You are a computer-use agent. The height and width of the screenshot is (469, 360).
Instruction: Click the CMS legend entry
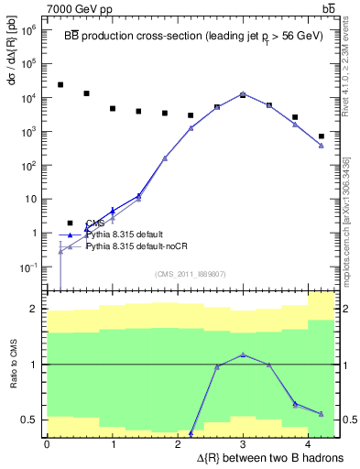pyautogui.click(x=95, y=223)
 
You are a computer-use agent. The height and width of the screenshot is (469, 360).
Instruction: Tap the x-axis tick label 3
pyautogui.click(x=243, y=443)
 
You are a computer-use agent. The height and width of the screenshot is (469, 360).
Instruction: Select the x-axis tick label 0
pyautogui.click(x=46, y=443)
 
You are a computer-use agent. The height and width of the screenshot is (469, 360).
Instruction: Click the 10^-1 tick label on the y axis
pyautogui.click(x=27, y=267)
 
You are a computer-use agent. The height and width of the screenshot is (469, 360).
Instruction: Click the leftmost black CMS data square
pyautogui.click(x=60, y=85)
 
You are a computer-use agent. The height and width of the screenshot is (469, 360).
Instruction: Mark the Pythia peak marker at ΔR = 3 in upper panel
pyautogui.click(x=243, y=93)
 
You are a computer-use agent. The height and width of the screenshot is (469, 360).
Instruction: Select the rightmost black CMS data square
pyautogui.click(x=322, y=136)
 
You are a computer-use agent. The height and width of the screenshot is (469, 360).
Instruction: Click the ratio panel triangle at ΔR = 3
pyautogui.click(x=243, y=354)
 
